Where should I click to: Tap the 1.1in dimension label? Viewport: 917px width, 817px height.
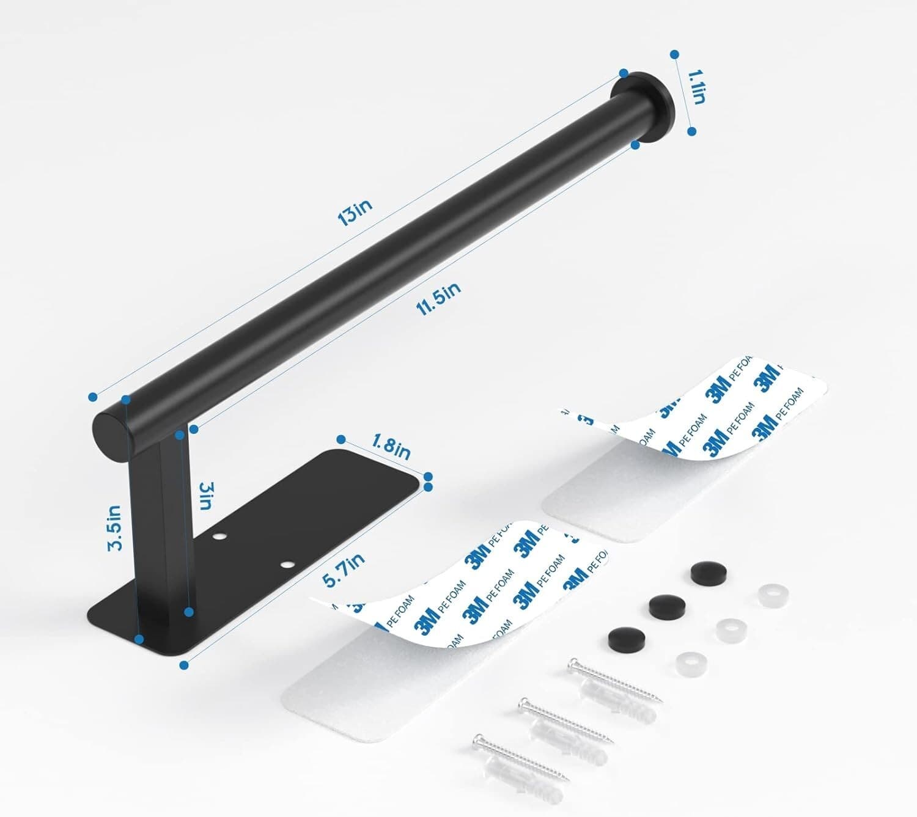[x=697, y=87]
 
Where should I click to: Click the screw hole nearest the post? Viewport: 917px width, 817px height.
[x=218, y=537]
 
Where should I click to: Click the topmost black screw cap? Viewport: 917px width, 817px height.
[x=704, y=573]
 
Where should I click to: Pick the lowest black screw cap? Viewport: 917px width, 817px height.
[x=622, y=639]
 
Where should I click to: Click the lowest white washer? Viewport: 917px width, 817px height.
[x=689, y=661]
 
